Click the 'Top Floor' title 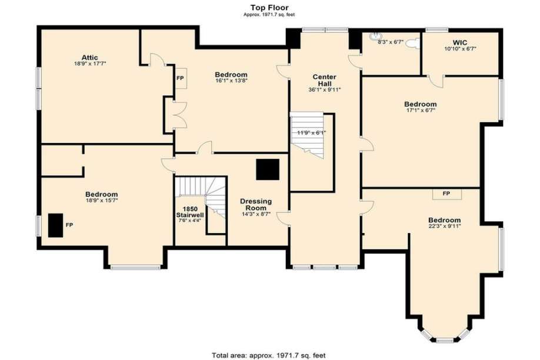(x=269, y=8)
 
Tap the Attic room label (x=90, y=58)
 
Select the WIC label (x=460, y=43)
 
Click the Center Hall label (x=325, y=80)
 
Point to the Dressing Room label (x=256, y=205)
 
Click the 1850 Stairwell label (x=190, y=212)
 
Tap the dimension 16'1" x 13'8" (x=231, y=81)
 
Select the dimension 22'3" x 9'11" (x=445, y=226)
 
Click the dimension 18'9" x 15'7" (x=102, y=200)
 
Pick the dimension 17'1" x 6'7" (x=420, y=110)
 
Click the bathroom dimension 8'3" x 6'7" (x=391, y=42)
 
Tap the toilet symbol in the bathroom (x=413, y=44)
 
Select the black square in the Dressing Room (x=268, y=169)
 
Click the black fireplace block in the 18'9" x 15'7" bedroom (x=55, y=225)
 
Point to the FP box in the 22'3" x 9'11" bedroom (x=447, y=194)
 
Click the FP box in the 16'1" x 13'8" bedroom (x=181, y=78)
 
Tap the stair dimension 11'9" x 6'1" (x=312, y=132)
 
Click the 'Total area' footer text (x=269, y=355)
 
